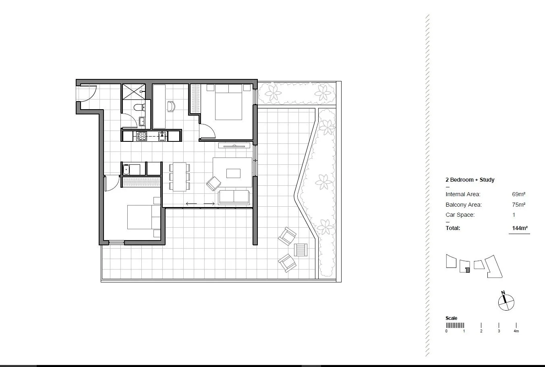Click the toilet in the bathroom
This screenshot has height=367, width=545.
click(x=139, y=107)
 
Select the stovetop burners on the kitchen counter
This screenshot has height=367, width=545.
click(x=141, y=136)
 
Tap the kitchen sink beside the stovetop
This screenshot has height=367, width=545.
click(x=162, y=136)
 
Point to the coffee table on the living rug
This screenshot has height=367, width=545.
click(x=233, y=173)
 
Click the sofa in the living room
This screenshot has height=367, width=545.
click(x=234, y=197)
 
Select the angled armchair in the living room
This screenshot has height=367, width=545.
click(x=213, y=184)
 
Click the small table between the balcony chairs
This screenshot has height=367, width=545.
click(x=300, y=250)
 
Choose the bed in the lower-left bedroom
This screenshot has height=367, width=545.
click(x=143, y=217)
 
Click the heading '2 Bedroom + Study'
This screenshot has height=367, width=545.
click(x=470, y=180)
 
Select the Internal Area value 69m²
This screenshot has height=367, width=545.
click(x=518, y=194)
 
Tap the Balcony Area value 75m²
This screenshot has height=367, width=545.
click(x=518, y=205)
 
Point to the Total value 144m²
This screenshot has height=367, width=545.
click(x=520, y=228)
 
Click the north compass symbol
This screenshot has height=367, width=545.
click(x=506, y=301)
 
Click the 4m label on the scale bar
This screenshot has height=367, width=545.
click(x=516, y=331)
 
